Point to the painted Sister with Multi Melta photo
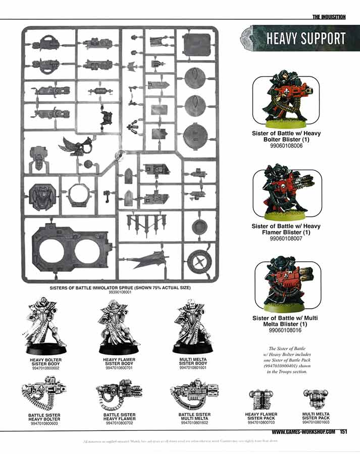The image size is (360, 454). point(286,285)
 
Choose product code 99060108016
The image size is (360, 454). point(286,330)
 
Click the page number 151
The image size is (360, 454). point(343,432)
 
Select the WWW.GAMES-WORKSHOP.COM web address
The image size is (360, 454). point(303,432)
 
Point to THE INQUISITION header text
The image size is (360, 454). point(329,17)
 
